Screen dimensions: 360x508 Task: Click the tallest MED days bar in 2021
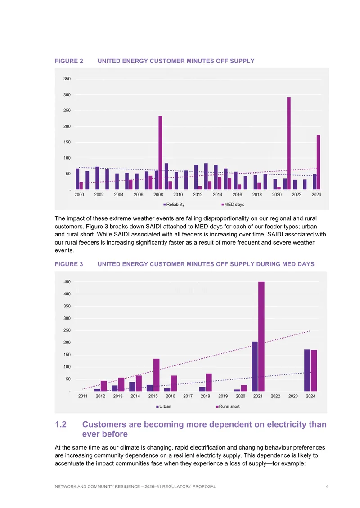(x=288, y=143)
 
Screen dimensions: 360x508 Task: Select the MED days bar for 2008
(x=160, y=152)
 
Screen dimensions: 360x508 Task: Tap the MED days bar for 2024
(x=319, y=162)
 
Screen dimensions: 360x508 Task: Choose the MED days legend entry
(x=233, y=205)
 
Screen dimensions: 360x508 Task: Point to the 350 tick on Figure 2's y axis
(x=67, y=79)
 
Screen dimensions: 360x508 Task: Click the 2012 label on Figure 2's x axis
(x=198, y=194)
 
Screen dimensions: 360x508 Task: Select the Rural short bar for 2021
(x=261, y=336)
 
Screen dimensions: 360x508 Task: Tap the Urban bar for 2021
(x=255, y=366)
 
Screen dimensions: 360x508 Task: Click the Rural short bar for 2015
(x=156, y=375)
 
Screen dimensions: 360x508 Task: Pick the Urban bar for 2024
(x=307, y=370)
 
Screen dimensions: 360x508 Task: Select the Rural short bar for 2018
(x=209, y=382)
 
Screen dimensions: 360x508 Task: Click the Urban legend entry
(x=164, y=406)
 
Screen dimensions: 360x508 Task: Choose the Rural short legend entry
(x=228, y=406)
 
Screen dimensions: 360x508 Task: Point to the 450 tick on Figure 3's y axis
(x=67, y=282)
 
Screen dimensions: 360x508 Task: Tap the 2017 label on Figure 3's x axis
(x=188, y=396)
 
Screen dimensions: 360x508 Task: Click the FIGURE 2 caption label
(x=69, y=61)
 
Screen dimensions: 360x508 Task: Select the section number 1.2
(x=61, y=424)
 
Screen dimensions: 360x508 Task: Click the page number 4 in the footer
(x=327, y=486)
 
